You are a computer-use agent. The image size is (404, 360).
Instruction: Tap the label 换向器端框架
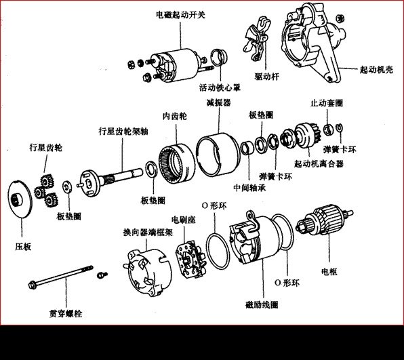pyautogui.click(x=146, y=231)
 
